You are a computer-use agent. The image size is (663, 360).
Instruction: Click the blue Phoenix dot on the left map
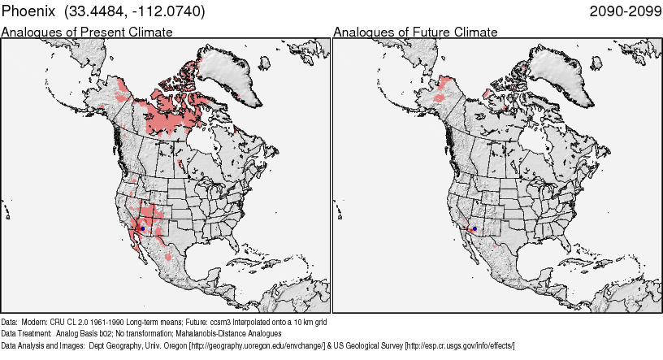[x=142, y=229]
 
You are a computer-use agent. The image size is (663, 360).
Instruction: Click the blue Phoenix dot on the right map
[x=474, y=229]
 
